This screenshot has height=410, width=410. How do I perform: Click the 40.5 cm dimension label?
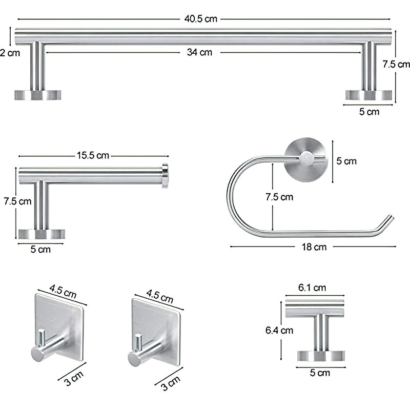tap(201, 19)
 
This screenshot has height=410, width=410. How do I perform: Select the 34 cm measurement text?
tap(199, 52)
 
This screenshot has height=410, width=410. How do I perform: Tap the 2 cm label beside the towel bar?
tap(10, 53)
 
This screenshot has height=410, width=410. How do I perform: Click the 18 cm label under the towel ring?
tap(314, 247)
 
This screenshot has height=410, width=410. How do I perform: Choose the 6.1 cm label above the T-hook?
tap(312, 288)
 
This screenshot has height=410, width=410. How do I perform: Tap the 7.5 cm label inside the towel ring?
tap(279, 197)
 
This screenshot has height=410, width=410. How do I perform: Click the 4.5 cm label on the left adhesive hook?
tap(63, 294)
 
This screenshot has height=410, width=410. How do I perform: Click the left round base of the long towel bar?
tap(37, 95)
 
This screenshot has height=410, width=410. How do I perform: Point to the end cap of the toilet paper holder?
tap(165, 175)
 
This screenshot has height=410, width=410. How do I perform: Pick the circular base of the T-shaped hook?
tap(321, 356)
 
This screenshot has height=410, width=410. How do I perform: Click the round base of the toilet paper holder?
tap(42, 234)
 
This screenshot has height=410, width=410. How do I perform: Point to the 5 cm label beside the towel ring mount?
tap(346, 161)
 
